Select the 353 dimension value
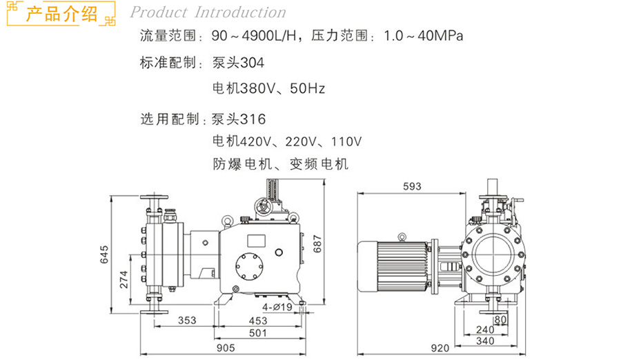coord(186,320)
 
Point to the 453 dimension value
coord(258,320)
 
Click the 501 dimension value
coord(258,334)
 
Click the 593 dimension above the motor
coord(411,187)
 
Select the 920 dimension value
coord(440,348)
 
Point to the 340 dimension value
coord(485,340)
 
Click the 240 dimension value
coord(485,330)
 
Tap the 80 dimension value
coord(501,319)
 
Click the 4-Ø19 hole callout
coord(276,306)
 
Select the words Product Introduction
coord(208,12)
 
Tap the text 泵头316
coord(239,119)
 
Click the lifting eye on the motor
coord(399,238)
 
